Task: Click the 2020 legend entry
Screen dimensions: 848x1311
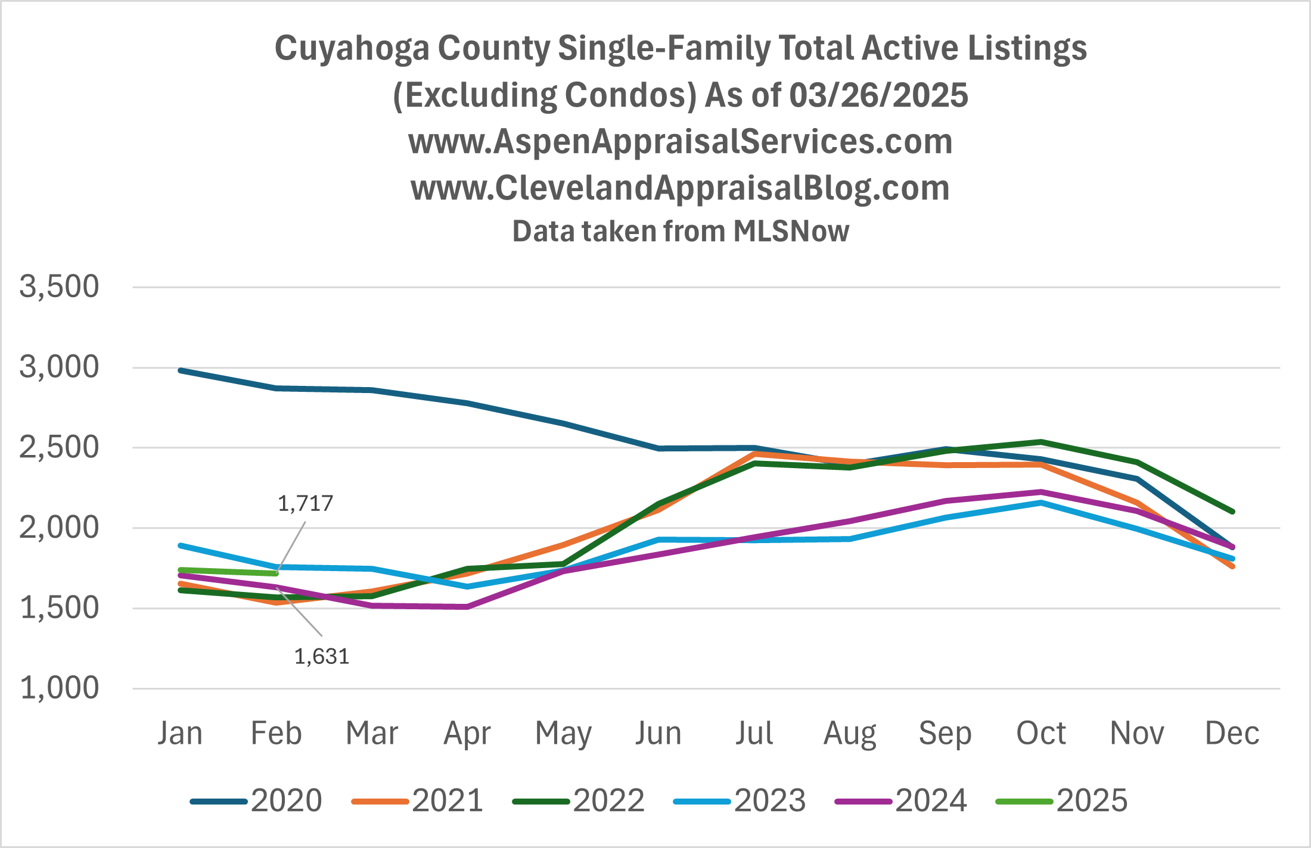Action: point(256,800)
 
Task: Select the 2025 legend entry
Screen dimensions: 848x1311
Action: point(1062,800)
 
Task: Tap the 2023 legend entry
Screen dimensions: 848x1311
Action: point(740,800)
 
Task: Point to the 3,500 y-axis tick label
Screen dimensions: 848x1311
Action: point(59,286)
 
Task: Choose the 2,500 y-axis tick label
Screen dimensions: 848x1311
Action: point(59,447)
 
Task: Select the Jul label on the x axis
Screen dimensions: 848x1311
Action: point(754,733)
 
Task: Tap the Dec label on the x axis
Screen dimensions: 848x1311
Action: point(1232,733)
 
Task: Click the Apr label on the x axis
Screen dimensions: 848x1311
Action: point(467,733)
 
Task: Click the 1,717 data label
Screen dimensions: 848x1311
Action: point(305,504)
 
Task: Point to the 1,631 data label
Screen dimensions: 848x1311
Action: point(322,657)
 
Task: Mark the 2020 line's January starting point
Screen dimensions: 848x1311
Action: point(181,370)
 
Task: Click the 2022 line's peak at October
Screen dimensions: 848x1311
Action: point(1041,442)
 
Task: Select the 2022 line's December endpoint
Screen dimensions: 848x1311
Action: point(1232,512)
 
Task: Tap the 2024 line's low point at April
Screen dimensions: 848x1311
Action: point(468,607)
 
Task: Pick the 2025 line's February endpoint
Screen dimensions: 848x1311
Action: point(276,573)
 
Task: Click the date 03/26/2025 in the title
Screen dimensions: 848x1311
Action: point(878,95)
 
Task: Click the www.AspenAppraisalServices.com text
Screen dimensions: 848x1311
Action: point(681,142)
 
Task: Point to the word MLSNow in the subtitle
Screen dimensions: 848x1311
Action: point(791,231)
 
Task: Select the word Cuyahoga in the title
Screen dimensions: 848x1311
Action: point(352,49)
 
